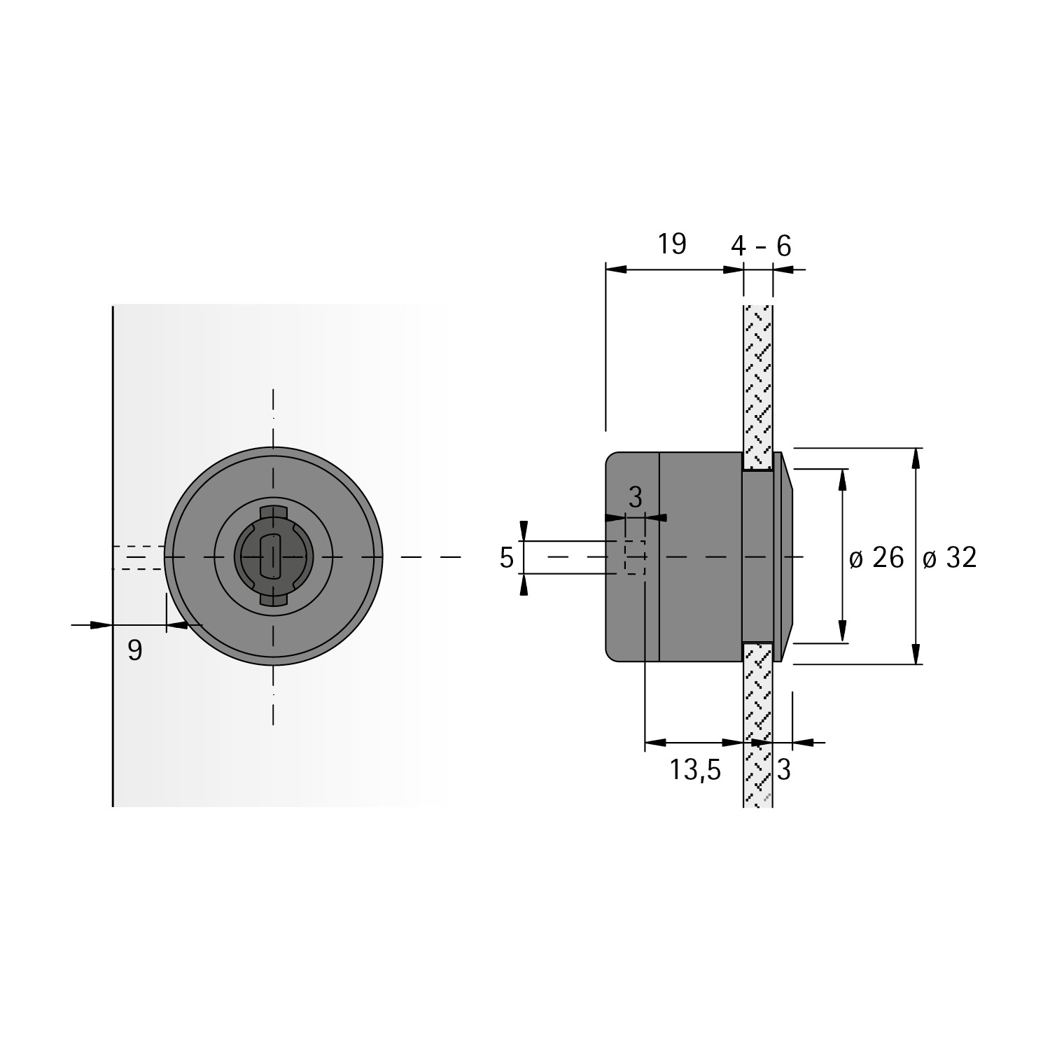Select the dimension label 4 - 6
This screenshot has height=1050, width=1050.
pyautogui.click(x=761, y=246)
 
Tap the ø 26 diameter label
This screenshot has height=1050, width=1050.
pyautogui.click(x=876, y=558)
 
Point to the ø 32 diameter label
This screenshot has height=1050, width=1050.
pyautogui.click(x=949, y=558)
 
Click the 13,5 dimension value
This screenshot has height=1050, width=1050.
pyautogui.click(x=694, y=770)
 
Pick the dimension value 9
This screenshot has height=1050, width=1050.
pyautogui.click(x=135, y=651)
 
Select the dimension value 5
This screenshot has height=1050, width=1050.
pyautogui.click(x=507, y=558)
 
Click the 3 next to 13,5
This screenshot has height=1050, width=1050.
pyautogui.click(x=784, y=770)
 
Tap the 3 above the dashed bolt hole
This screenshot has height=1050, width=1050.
pyautogui.click(x=635, y=497)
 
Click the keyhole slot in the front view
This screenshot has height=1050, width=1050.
pyautogui.click(x=270, y=556)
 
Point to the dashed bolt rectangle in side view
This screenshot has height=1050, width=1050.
pyautogui.click(x=635, y=557)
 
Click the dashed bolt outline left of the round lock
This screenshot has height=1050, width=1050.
pyautogui.click(x=139, y=557)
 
